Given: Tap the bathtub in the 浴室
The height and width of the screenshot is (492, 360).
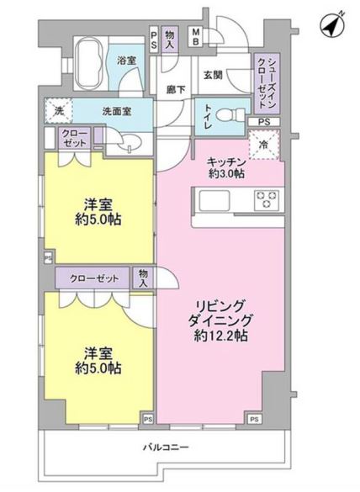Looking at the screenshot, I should click(x=89, y=63).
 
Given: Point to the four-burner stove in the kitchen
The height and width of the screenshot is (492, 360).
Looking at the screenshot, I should click(x=267, y=200).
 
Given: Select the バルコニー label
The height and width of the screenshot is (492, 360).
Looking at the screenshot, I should click(x=166, y=447).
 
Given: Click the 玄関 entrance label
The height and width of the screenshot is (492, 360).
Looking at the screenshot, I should click(x=211, y=73).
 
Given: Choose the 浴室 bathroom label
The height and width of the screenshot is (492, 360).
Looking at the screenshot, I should click(x=127, y=61).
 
